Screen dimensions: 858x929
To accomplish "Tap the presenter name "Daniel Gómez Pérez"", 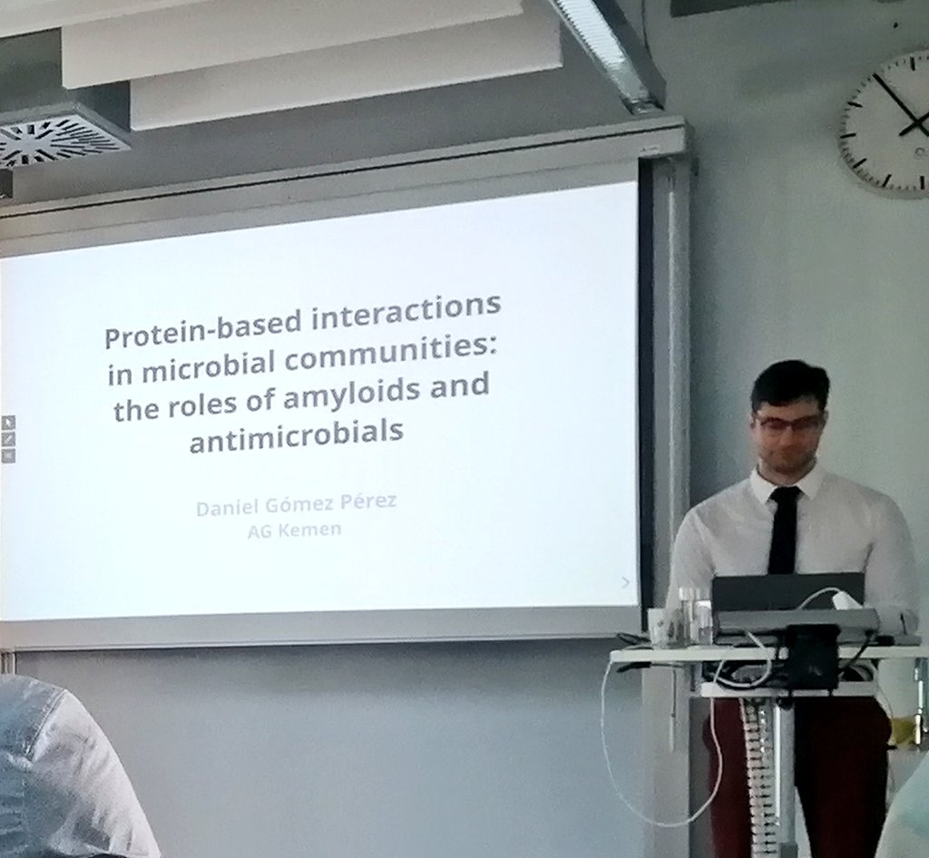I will pyautogui.click(x=296, y=503).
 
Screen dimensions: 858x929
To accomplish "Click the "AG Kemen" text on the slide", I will pyautogui.click(x=295, y=530).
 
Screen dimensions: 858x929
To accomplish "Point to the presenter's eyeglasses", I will pyautogui.click(x=787, y=423).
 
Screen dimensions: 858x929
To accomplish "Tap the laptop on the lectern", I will pyautogui.click(x=787, y=593).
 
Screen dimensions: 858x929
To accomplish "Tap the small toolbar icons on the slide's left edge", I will pyautogui.click(x=8, y=439).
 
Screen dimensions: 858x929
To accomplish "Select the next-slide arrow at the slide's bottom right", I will pyautogui.click(x=625, y=581).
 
